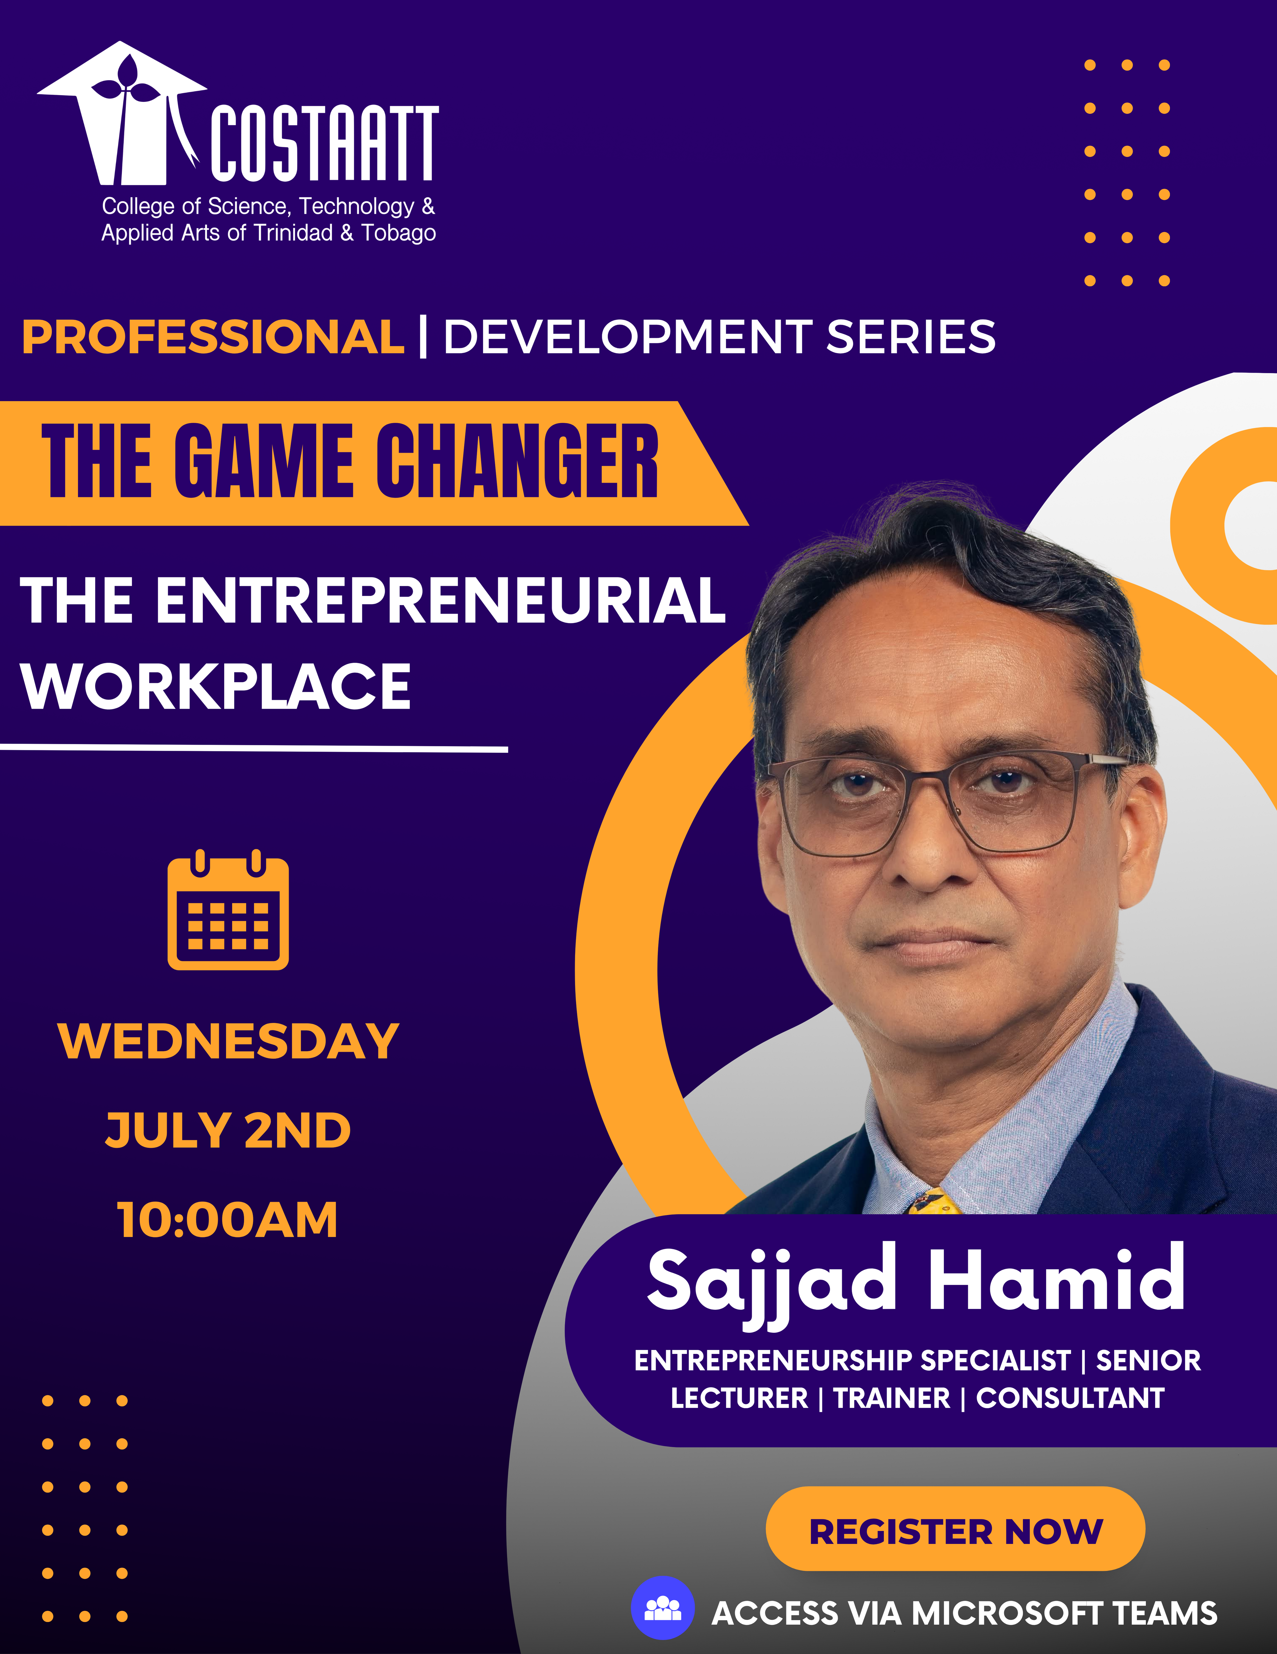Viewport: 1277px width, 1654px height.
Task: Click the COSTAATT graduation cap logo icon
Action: [121, 114]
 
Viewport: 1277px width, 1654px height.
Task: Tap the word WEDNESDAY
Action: [228, 1041]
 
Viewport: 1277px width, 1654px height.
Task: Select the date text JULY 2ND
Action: [228, 1131]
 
